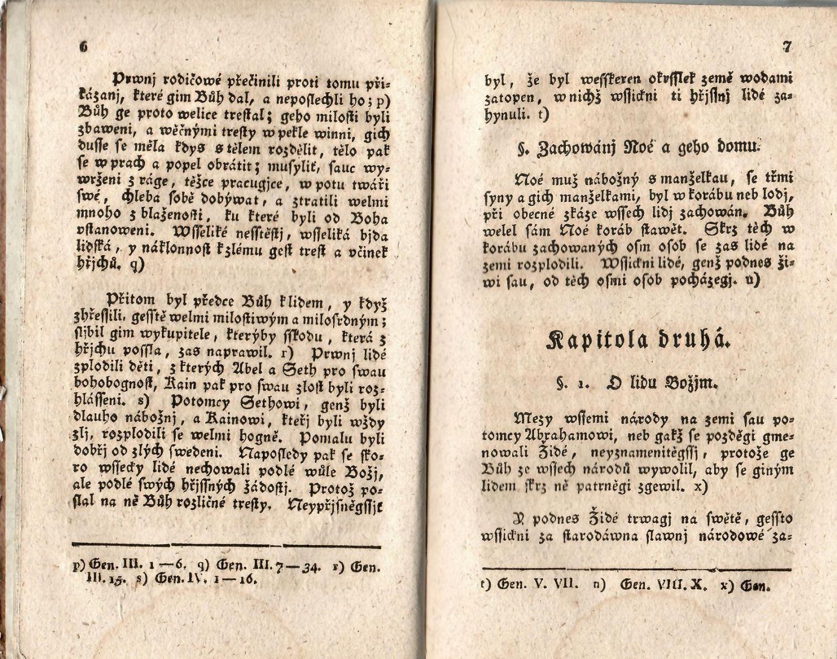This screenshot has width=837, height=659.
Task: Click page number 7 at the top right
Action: point(787,47)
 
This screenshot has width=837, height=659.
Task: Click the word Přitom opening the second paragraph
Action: point(133,302)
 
